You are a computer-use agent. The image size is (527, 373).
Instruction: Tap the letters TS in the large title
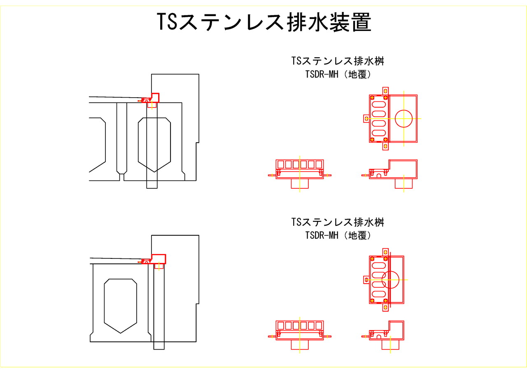point(167,22)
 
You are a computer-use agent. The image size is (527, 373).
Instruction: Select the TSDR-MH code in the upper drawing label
point(322,75)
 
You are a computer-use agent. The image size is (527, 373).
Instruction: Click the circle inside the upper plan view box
point(404,119)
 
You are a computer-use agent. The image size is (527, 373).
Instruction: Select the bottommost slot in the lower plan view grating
point(379,294)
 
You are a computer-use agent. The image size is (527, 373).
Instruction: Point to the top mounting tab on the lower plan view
point(385,251)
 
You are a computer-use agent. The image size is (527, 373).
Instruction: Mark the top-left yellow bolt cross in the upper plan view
point(372,98)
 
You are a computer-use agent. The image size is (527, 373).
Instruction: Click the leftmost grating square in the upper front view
point(280,164)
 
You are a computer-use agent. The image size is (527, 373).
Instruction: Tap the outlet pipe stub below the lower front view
point(299,345)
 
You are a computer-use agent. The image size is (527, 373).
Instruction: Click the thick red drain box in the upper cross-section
point(155,98)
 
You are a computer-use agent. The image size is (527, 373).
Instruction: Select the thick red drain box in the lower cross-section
point(159,259)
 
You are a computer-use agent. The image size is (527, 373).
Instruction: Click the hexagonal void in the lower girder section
point(120,305)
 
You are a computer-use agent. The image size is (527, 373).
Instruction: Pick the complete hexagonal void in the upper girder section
point(154,144)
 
